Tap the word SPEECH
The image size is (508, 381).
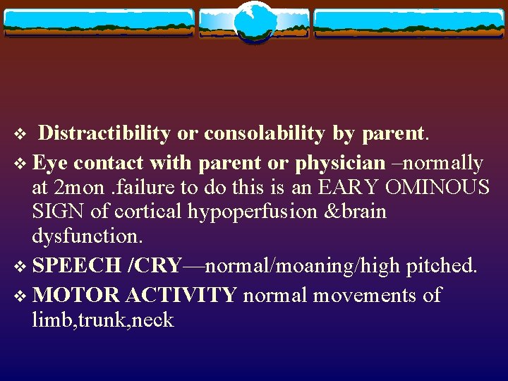[77, 267]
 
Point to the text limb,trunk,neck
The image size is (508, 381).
[102, 320]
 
